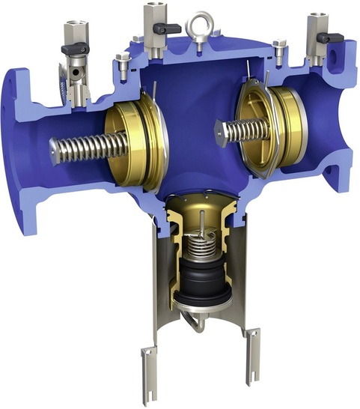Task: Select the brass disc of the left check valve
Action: point(135,146)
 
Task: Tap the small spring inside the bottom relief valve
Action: point(198,244)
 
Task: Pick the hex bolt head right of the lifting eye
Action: point(278,46)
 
